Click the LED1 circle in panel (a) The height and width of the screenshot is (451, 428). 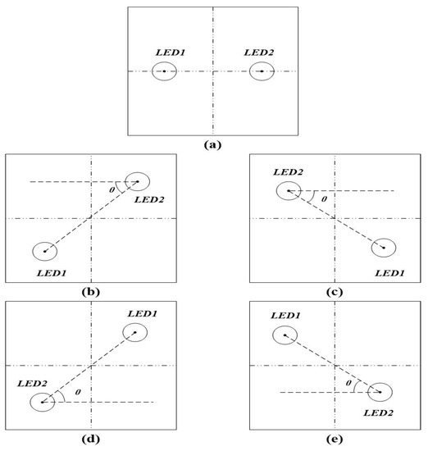click(164, 71)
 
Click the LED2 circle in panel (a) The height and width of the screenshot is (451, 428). click(262, 71)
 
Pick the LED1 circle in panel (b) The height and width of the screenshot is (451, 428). click(43, 251)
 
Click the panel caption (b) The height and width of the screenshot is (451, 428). click(91, 291)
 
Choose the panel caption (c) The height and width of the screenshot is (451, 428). click(334, 291)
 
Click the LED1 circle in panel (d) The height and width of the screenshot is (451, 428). click(135, 332)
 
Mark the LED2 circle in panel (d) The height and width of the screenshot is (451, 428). click(41, 402)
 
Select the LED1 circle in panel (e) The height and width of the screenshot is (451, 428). click(285, 335)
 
